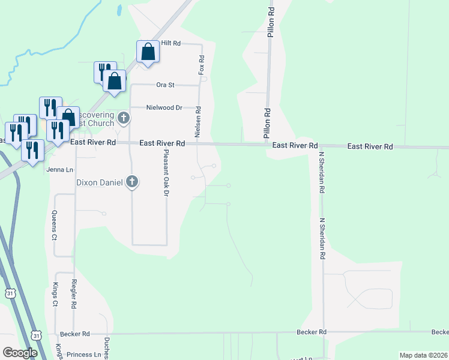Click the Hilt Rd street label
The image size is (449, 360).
[x=170, y=44]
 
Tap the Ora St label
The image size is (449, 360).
[x=164, y=85]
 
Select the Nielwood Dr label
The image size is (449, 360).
[x=164, y=108]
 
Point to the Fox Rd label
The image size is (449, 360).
[x=202, y=65]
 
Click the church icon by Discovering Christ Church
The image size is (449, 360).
[x=124, y=117]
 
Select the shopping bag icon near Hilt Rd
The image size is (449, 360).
[x=148, y=52]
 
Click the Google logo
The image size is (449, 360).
[x=20, y=353]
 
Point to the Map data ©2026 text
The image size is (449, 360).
[x=423, y=355]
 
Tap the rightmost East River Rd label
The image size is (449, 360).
[x=370, y=146]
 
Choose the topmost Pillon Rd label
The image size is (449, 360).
[x=271, y=23]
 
